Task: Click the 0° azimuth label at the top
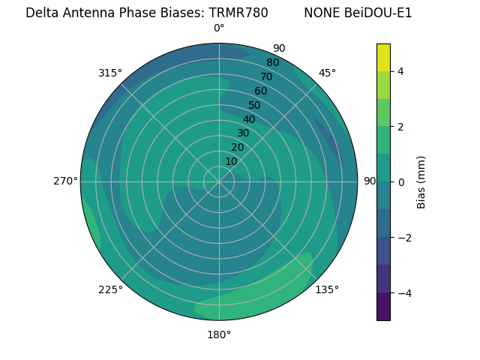(219, 28)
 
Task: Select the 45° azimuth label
(327, 73)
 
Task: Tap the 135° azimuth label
(327, 289)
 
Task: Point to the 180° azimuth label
(219, 334)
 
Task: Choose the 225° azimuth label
(110, 289)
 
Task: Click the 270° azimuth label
(65, 181)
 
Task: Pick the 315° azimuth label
(110, 73)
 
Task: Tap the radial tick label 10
(231, 161)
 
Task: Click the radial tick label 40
(249, 119)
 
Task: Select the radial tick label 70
(266, 76)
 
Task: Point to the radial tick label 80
(272, 63)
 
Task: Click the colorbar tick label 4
(400, 71)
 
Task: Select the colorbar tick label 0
(400, 181)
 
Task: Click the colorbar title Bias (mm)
(421, 181)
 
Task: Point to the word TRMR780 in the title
(238, 13)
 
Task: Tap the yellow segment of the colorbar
(383, 57)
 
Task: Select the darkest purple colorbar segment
(383, 306)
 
